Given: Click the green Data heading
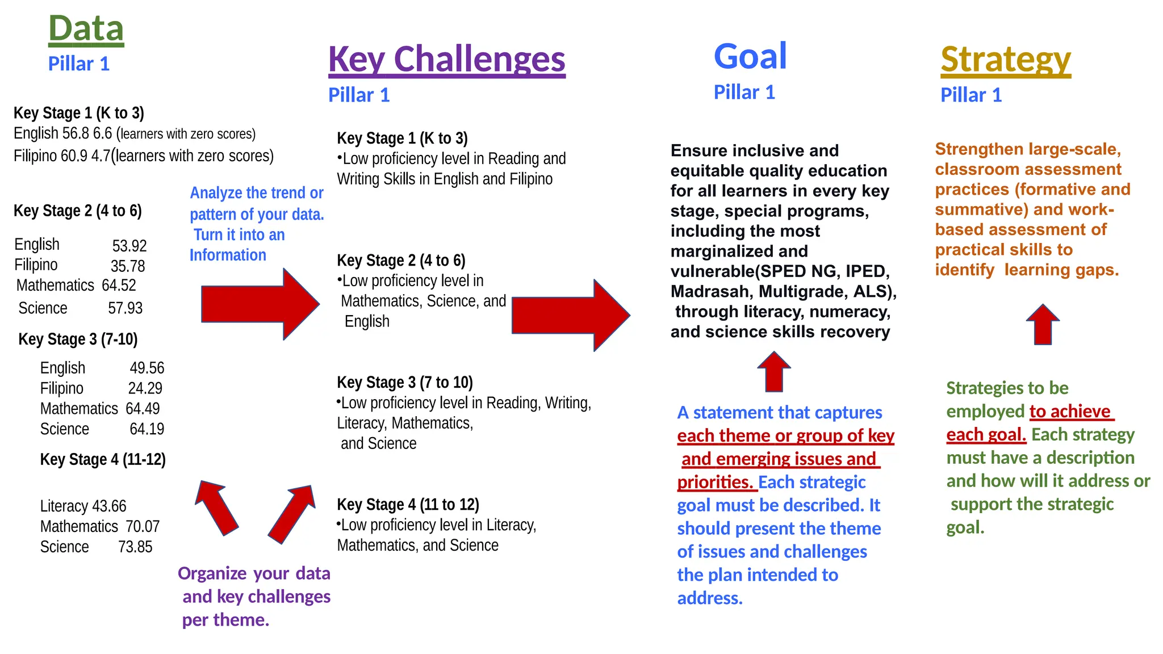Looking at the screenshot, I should [86, 28].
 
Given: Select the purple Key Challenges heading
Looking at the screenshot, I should [446, 59].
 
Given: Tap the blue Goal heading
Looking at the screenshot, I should [750, 56].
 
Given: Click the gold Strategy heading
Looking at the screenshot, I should [1005, 59].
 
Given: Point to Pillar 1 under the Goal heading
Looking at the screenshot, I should [744, 92].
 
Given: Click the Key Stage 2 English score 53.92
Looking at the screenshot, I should [129, 246].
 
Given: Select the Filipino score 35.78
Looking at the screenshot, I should [128, 266].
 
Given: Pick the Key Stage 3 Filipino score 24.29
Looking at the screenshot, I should [145, 388].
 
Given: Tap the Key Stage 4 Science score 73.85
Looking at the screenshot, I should [135, 547].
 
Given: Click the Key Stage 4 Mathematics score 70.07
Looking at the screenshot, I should [143, 526].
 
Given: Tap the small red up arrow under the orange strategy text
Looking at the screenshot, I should [1043, 325].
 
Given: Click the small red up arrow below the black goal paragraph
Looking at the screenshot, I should [774, 372].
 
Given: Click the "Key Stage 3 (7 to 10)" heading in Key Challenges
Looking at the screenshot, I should [404, 383].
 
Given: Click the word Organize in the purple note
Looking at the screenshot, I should [212, 573].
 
